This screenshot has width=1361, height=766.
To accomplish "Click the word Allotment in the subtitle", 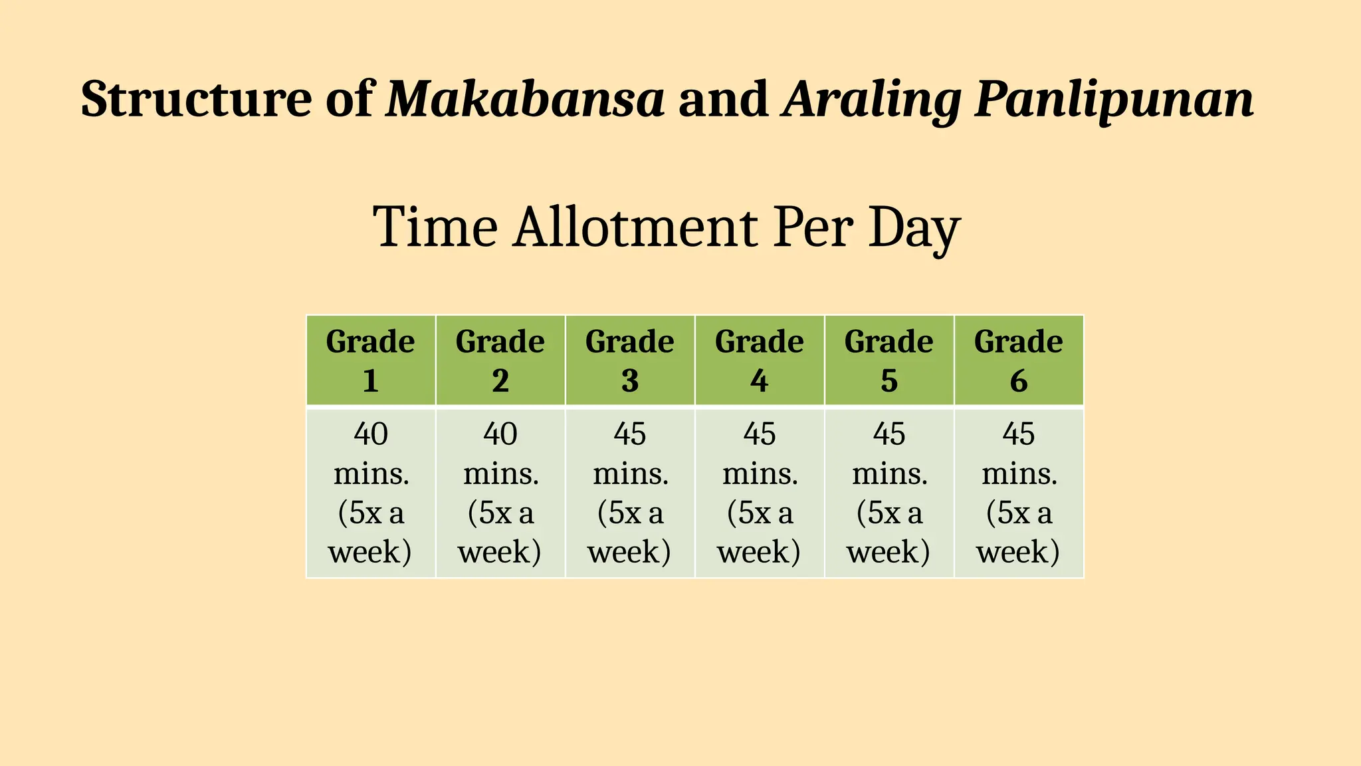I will click(x=635, y=227).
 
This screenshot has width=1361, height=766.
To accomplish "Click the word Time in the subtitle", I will click(x=435, y=227).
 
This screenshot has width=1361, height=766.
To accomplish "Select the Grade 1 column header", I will click(x=370, y=360).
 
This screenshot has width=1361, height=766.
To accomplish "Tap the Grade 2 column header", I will click(x=500, y=360).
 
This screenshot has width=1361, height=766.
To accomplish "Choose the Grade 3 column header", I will click(x=629, y=360).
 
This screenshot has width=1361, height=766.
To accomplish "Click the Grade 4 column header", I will click(x=759, y=360).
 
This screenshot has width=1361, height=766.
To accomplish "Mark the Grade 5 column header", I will click(x=889, y=360).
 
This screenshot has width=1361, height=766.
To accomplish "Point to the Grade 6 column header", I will click(x=1018, y=360).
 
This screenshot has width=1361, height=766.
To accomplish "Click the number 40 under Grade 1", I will click(x=370, y=434).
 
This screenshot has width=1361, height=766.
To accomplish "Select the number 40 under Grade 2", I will click(x=500, y=434).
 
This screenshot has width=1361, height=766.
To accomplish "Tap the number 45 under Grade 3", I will click(x=629, y=434).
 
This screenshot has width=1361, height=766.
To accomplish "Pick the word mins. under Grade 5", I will click(x=889, y=474).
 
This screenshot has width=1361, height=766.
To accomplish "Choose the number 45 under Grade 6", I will click(x=1018, y=434).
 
